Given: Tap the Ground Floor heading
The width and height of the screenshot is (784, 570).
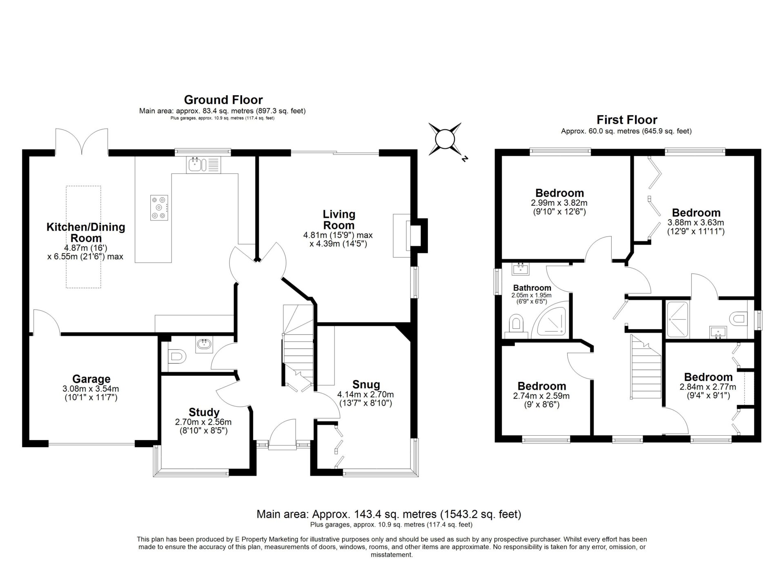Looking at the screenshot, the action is pyautogui.click(x=223, y=100).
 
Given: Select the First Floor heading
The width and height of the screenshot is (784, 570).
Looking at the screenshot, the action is pyautogui.click(x=627, y=120).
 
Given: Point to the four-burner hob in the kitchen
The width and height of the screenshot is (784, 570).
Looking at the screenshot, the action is pyautogui.click(x=159, y=207).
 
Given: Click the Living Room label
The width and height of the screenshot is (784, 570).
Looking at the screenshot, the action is pyautogui.click(x=339, y=220).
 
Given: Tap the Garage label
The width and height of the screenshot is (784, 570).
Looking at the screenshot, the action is pyautogui.click(x=91, y=379).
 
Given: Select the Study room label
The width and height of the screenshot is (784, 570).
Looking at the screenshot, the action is pyautogui.click(x=204, y=412).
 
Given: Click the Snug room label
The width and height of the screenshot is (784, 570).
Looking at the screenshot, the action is pyautogui.click(x=366, y=385).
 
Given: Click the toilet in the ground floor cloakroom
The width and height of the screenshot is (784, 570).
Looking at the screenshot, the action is pyautogui.click(x=177, y=357).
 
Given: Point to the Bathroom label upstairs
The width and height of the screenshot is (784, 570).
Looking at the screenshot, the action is pyautogui.click(x=532, y=288).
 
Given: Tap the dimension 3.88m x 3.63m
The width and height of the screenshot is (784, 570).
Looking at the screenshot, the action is pyautogui.click(x=696, y=223).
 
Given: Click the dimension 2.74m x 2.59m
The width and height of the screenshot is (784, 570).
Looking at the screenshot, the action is pyautogui.click(x=541, y=396).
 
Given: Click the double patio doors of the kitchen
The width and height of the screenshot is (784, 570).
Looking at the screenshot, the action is pyautogui.click(x=82, y=141).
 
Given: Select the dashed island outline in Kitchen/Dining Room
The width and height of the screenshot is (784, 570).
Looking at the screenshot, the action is pyautogui.click(x=84, y=237).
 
